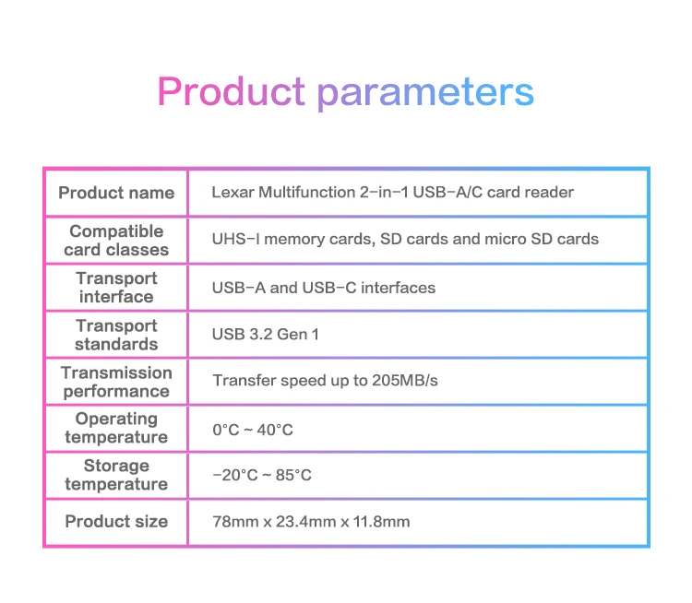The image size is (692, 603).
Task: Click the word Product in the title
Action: tap(231, 91)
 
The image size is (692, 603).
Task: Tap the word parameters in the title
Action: tap(425, 93)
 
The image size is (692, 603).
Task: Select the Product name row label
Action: tap(116, 193)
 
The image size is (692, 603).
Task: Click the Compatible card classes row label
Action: tap(116, 241)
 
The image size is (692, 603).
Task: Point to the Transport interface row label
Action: tap(116, 288)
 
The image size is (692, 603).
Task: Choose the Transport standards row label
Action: tap(116, 335)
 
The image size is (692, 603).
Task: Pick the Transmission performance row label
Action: tap(116, 382)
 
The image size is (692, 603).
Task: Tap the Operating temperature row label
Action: tap(116, 428)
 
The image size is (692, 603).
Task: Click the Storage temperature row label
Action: tap(116, 475)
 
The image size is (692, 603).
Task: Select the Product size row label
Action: tap(116, 521)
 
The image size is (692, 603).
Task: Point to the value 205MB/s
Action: tap(405, 380)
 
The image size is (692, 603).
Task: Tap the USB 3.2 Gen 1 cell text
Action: tap(265, 335)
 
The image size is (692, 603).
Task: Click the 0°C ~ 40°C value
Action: tap(253, 430)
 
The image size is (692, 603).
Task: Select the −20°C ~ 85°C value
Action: tap(262, 475)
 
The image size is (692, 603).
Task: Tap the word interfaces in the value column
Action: tap(398, 288)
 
